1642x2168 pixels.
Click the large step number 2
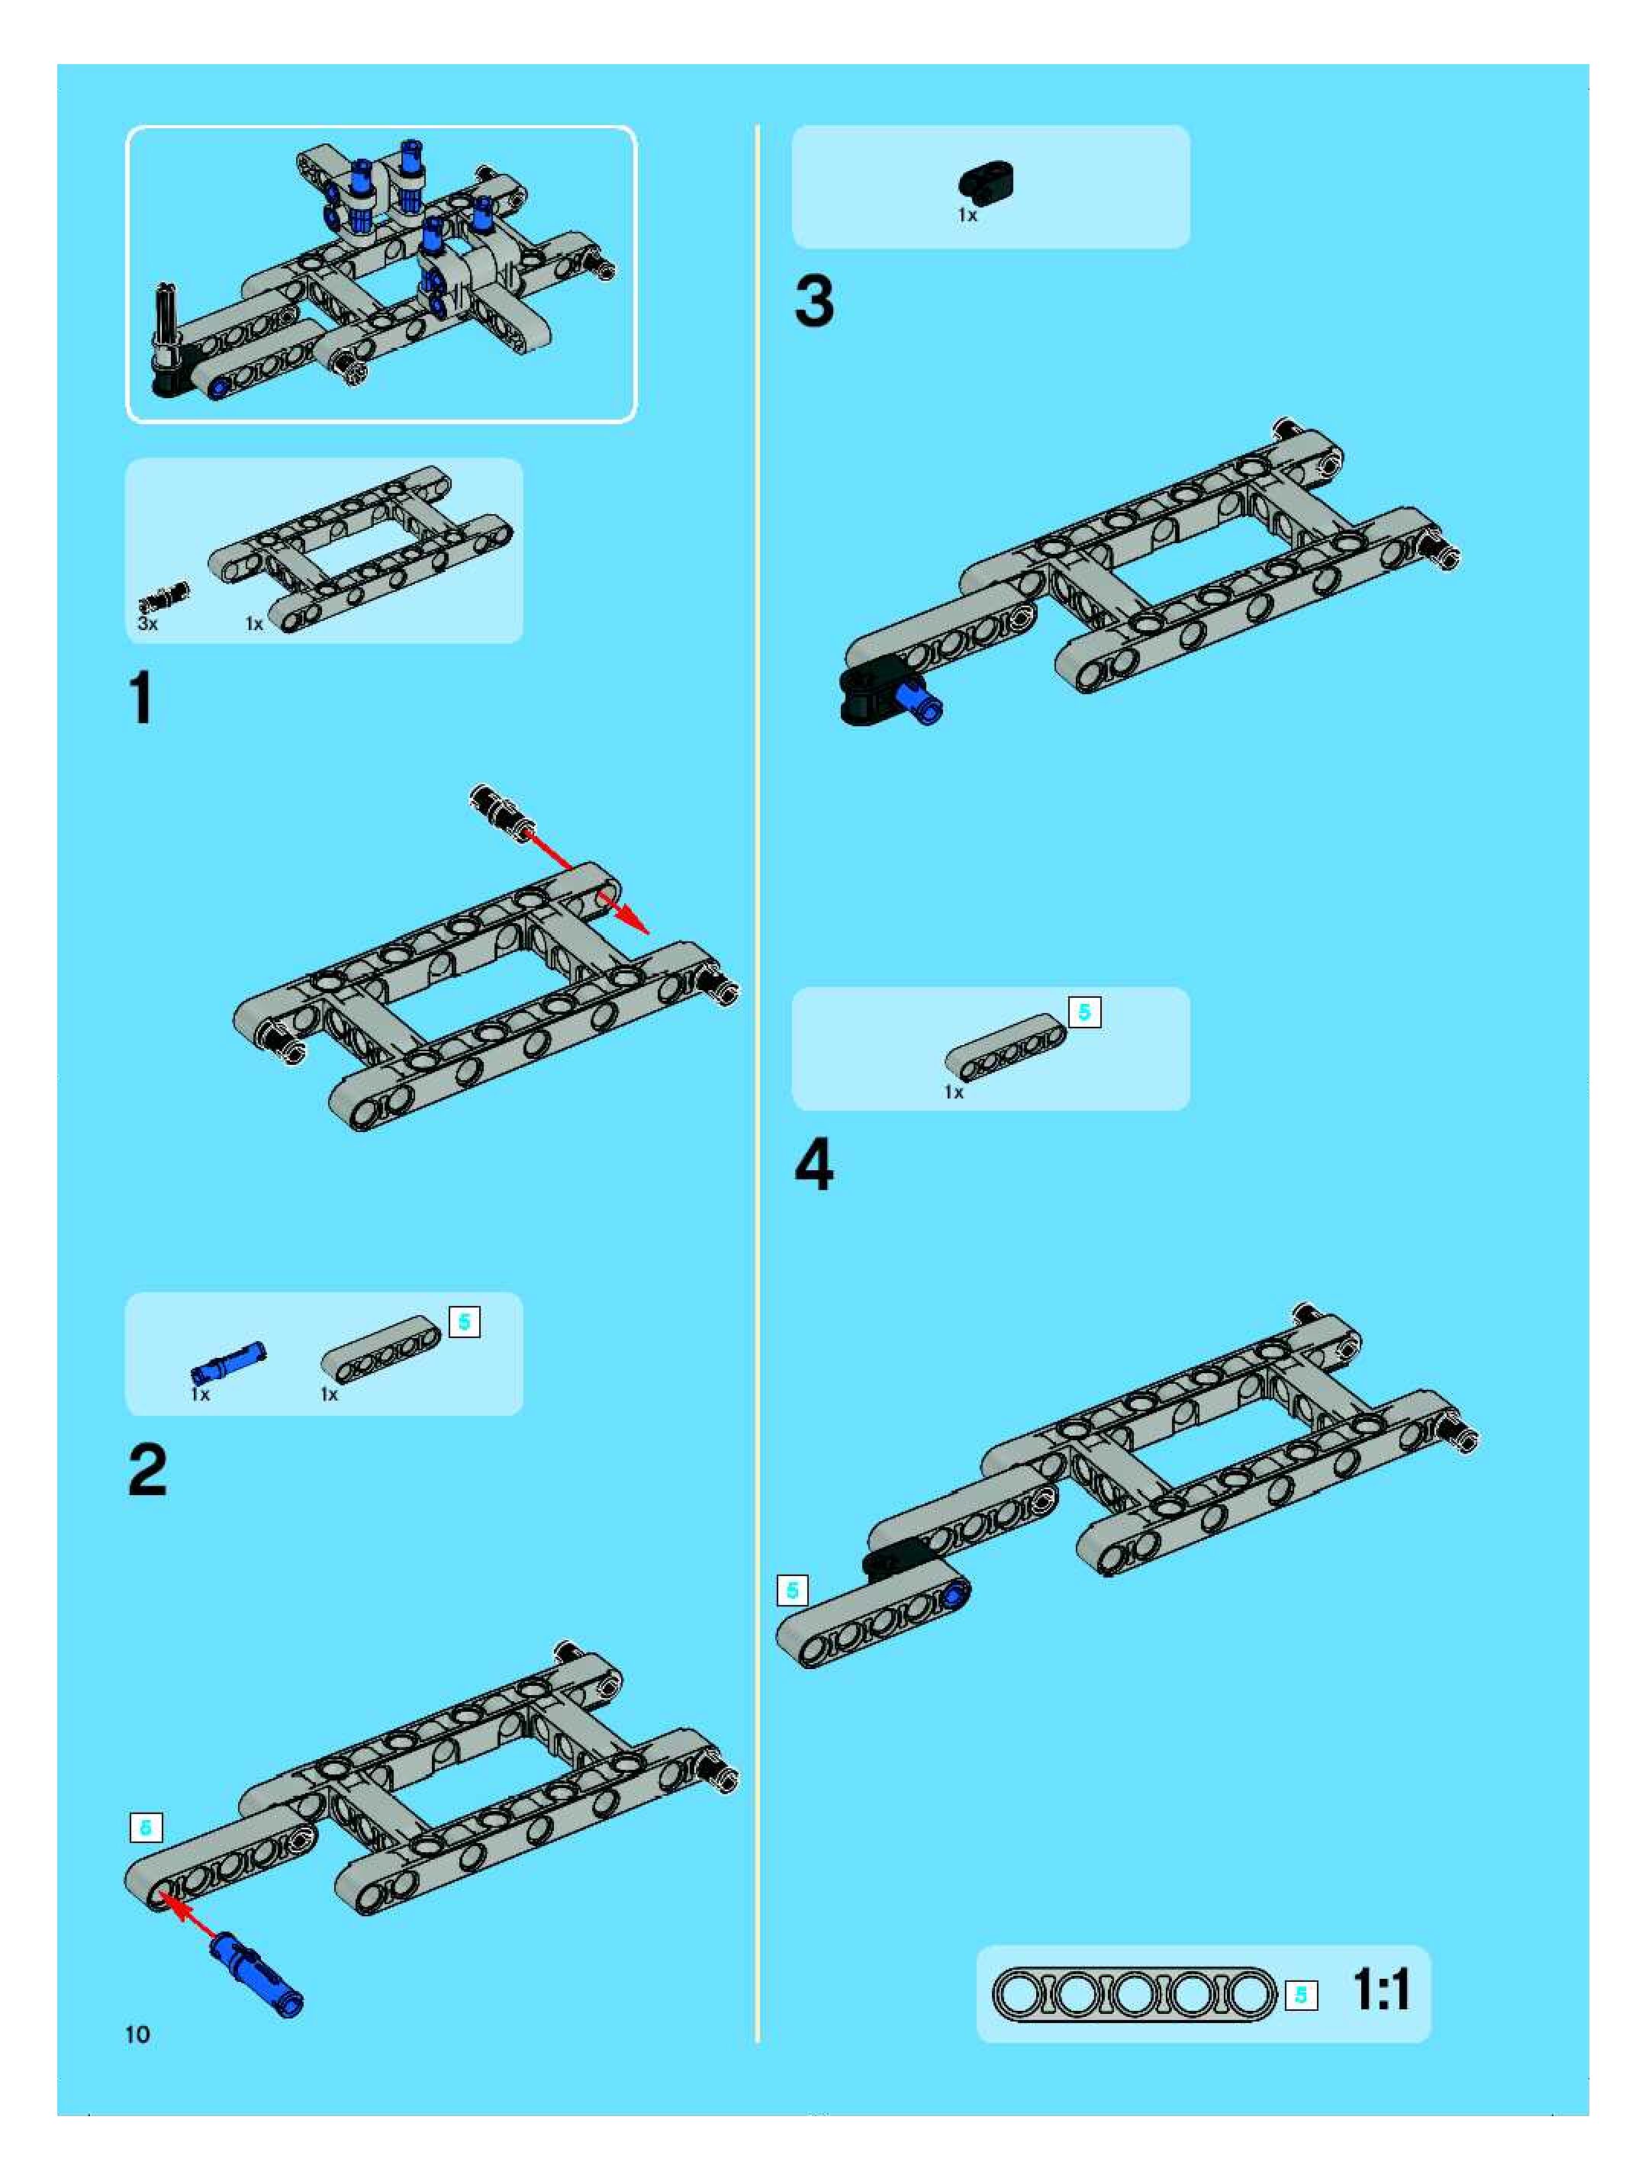(147, 1470)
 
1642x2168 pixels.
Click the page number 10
(137, 2035)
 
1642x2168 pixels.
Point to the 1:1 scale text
(1380, 1989)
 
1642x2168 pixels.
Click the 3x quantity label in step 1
(147, 623)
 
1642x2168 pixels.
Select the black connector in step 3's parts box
(986, 182)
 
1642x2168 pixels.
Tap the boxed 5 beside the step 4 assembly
(792, 1590)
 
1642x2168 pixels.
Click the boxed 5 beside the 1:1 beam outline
(1301, 1996)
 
